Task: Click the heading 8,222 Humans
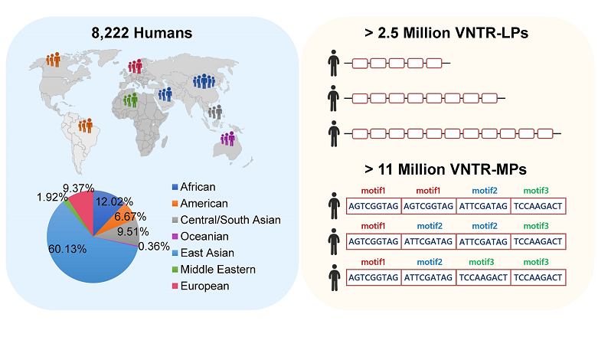click(149, 34)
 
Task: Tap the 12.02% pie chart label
click(113, 202)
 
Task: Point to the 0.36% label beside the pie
click(154, 247)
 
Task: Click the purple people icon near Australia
click(227, 139)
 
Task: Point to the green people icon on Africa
click(130, 100)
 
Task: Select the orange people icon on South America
click(85, 124)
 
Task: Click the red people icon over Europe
click(136, 67)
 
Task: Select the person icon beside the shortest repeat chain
click(333, 62)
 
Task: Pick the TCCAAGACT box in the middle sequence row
click(538, 241)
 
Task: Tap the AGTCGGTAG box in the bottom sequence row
click(374, 276)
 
